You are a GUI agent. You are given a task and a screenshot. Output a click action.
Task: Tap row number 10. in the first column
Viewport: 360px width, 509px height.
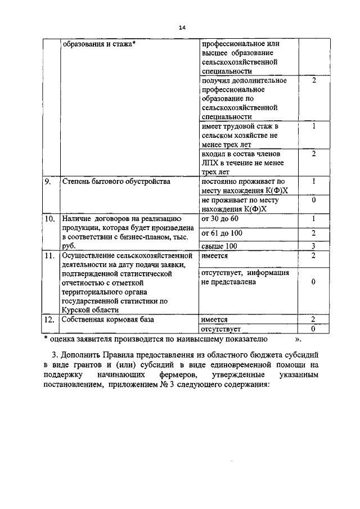coord(50,218)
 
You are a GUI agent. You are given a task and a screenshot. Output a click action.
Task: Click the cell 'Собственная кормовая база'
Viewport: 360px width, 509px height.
coord(101,319)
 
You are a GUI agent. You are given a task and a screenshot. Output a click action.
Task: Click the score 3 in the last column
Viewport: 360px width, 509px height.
coord(313,246)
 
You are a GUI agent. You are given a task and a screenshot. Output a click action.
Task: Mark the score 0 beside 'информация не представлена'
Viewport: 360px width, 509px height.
coord(313,282)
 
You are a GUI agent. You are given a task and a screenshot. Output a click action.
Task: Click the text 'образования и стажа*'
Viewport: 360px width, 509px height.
coord(100,44)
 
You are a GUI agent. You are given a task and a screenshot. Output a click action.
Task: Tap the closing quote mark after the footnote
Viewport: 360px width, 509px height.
coord(298,339)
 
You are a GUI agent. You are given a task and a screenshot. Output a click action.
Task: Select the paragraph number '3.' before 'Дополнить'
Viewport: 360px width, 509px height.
coord(54,356)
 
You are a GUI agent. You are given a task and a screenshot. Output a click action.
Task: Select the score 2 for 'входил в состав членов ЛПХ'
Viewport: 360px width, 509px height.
coord(313,154)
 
